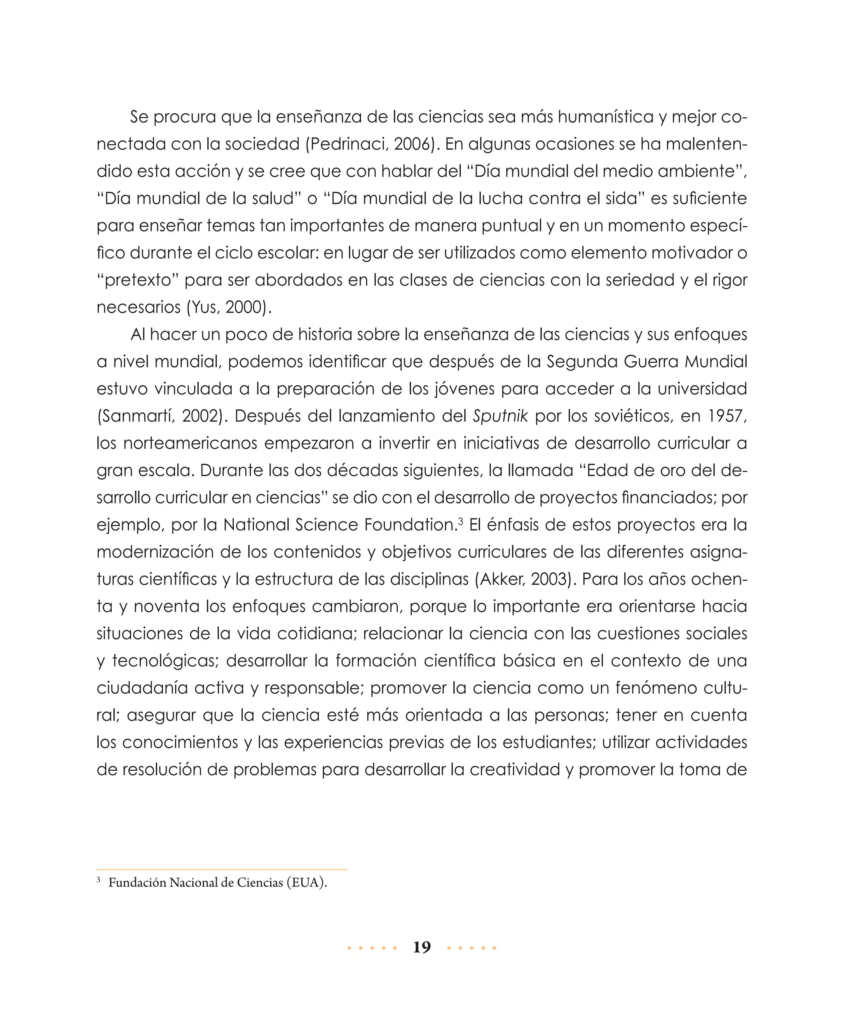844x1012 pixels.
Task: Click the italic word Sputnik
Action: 500,416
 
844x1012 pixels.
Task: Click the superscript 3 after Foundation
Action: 461,521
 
